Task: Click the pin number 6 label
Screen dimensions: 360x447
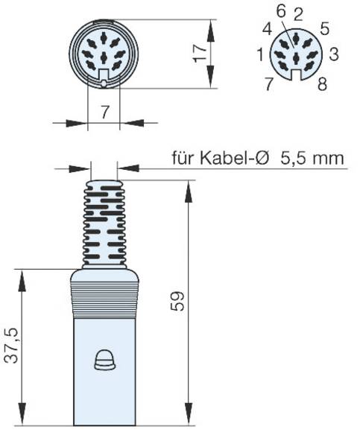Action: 280,12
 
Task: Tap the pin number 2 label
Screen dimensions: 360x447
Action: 298,15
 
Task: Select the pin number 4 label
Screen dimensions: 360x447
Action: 268,29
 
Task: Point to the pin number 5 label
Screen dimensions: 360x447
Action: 325,29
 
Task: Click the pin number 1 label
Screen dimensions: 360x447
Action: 260,54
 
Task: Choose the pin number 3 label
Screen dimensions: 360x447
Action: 334,54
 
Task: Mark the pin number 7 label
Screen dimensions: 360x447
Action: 269,84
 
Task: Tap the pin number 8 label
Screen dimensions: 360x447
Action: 322,84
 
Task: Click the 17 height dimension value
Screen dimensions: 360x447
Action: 200,54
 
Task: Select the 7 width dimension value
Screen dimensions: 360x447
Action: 104,112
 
